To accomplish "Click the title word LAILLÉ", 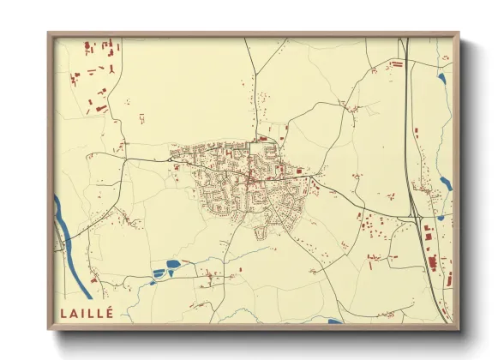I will click(87, 312).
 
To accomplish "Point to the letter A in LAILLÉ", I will click(75, 312).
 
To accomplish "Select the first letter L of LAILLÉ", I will click(63, 312).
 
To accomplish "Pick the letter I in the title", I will click(83, 312).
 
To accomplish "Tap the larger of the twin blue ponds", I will click(173, 264).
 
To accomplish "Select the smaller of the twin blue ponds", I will click(159, 273).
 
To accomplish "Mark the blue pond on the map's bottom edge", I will click(335, 321).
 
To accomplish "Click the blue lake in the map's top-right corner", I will click(441, 79).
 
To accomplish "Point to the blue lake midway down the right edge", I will click(446, 183).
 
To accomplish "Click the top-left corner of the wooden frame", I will click(50, 34).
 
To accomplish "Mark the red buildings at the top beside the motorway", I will click(397, 63).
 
